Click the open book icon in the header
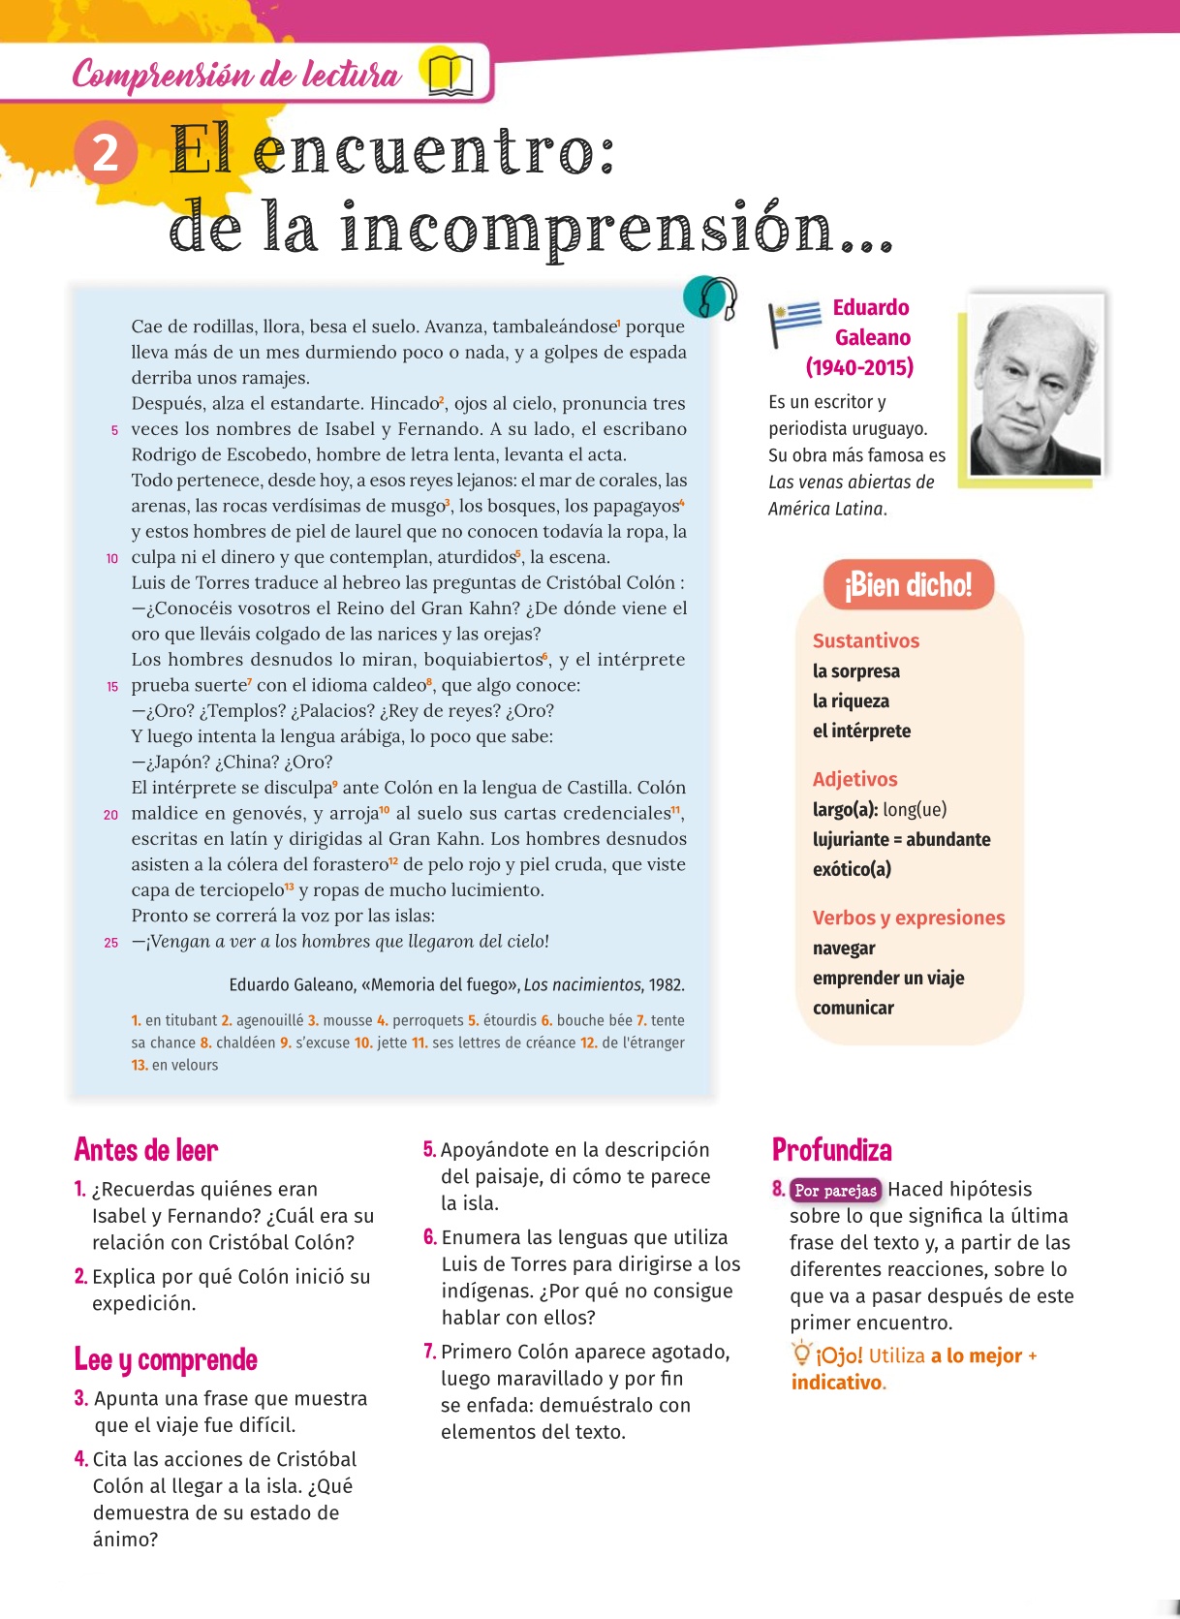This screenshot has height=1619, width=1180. pos(450,74)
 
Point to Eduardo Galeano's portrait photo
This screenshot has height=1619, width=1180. pos(1036,387)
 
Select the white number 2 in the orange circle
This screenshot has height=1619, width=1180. pos(106,153)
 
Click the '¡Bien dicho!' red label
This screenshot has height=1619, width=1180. pos(908,585)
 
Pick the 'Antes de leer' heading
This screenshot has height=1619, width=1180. pos(146,1150)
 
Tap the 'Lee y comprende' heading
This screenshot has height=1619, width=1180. pos(166,1359)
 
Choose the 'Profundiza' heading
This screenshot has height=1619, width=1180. pos(831,1150)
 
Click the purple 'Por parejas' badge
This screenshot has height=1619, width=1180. pos(835,1190)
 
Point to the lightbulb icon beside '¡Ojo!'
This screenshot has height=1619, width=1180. pos(801,1353)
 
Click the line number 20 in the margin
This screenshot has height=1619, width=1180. pos(111,815)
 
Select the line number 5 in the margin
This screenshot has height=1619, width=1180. pos(114,430)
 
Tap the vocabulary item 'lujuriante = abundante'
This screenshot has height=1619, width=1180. pos(901,839)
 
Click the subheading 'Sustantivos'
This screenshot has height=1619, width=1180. pos(865,640)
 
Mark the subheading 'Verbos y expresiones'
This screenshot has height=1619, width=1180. pos(908,918)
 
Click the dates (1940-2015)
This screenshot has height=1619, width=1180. pos(859,367)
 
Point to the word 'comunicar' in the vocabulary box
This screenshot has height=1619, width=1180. pos(853,1008)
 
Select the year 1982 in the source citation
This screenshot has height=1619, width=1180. pos(667,985)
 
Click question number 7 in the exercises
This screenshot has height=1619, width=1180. pos(429,1352)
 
